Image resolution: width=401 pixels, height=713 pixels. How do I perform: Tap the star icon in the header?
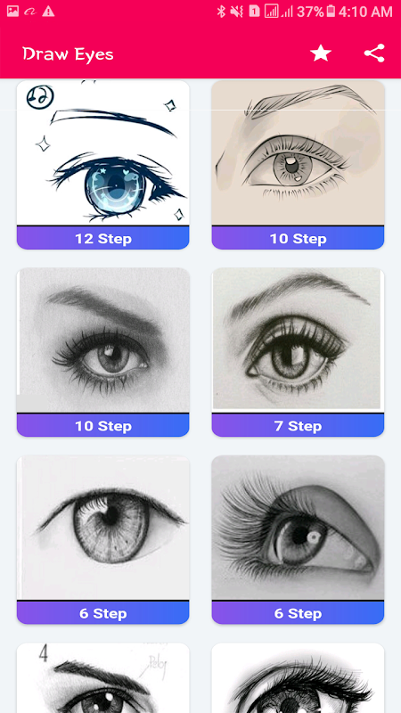click(321, 53)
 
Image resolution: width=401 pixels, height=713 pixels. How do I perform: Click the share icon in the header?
click(374, 53)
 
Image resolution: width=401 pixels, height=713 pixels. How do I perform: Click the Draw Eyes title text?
click(68, 54)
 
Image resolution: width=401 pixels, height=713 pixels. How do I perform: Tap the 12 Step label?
click(103, 239)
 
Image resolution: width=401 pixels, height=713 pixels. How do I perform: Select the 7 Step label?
click(298, 426)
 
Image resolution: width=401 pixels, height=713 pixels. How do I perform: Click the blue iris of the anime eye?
click(115, 186)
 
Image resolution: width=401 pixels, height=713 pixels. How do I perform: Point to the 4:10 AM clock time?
click(365, 12)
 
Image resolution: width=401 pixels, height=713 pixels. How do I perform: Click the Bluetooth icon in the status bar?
click(221, 12)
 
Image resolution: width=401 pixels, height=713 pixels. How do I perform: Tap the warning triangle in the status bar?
click(48, 12)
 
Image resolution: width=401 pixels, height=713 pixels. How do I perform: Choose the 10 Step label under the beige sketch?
click(298, 239)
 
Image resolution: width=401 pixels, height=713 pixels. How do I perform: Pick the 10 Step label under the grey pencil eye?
click(103, 426)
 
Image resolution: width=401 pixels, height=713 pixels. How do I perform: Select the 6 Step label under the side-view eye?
click(298, 613)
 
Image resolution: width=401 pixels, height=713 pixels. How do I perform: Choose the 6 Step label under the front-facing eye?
click(103, 613)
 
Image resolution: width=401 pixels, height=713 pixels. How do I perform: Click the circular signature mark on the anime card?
click(40, 96)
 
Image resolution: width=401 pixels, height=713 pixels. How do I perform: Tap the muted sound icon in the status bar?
click(236, 12)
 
